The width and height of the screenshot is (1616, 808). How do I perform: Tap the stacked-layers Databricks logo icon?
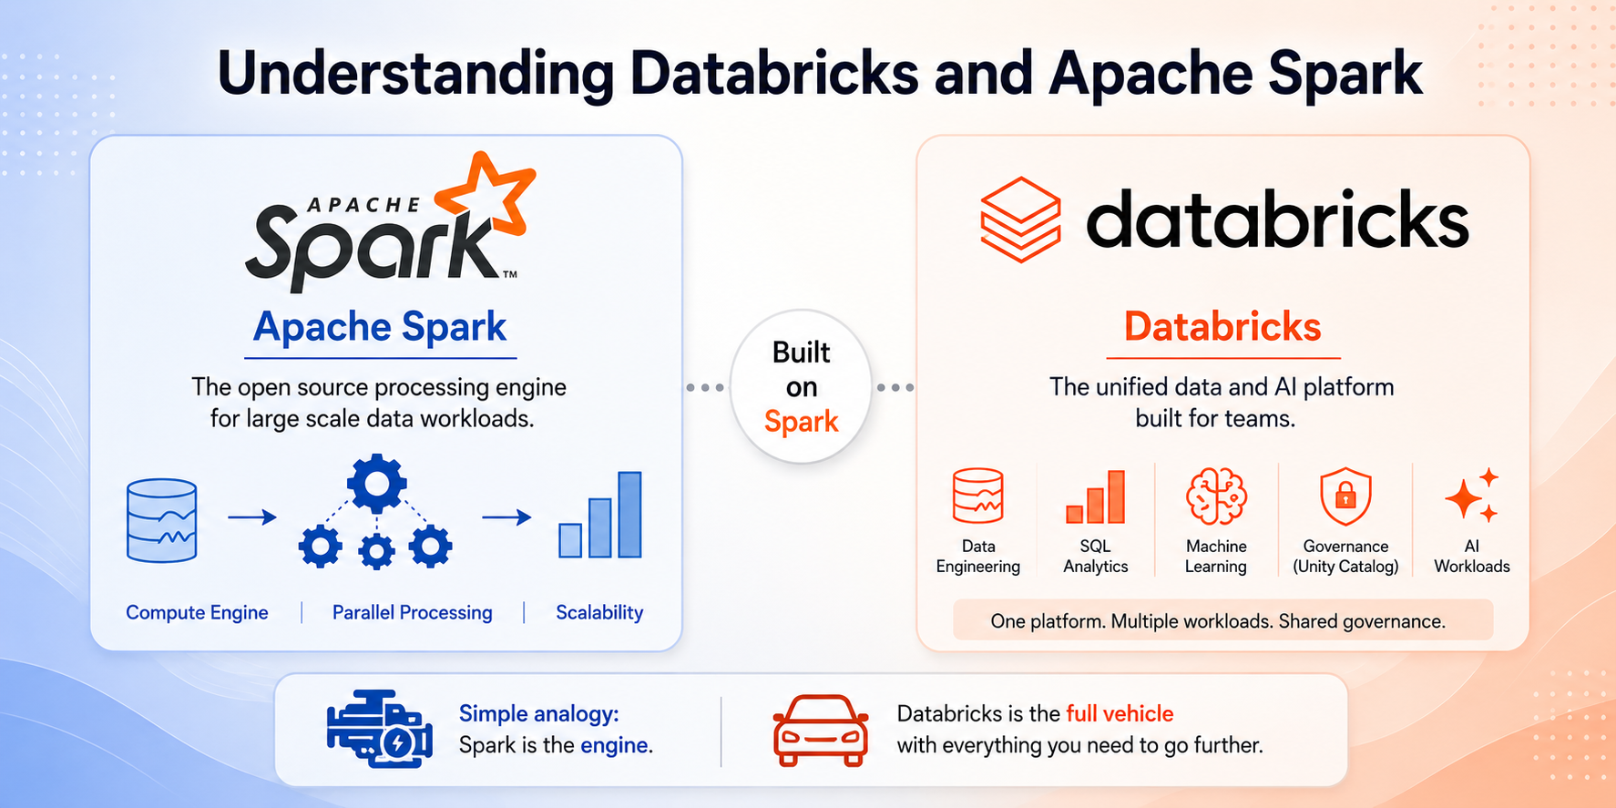[1020, 220]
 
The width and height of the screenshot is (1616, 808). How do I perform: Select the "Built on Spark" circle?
[801, 386]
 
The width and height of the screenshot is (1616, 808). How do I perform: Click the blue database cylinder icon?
[162, 520]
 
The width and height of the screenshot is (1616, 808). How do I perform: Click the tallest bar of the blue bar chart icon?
[629, 514]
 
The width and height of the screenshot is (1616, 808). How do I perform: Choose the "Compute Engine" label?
[197, 612]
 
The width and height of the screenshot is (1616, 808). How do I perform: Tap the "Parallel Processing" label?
[412, 612]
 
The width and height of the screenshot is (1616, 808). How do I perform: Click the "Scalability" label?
[599, 612]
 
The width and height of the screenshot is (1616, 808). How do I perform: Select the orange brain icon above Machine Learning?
[1216, 496]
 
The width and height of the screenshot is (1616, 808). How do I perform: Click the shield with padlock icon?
[1345, 496]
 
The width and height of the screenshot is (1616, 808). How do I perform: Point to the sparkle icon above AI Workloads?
[1470, 496]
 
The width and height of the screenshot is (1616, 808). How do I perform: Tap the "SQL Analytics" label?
[1095, 556]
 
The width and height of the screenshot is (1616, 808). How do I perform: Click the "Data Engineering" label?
[978, 556]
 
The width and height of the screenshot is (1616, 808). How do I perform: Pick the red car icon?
[820, 730]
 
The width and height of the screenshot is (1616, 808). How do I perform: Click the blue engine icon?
[379, 729]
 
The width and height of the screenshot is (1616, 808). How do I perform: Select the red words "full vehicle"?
[1120, 713]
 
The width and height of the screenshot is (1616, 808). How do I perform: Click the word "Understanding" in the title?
[415, 74]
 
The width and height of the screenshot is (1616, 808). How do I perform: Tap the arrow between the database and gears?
[252, 517]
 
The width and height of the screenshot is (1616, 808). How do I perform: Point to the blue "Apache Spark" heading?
[380, 327]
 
